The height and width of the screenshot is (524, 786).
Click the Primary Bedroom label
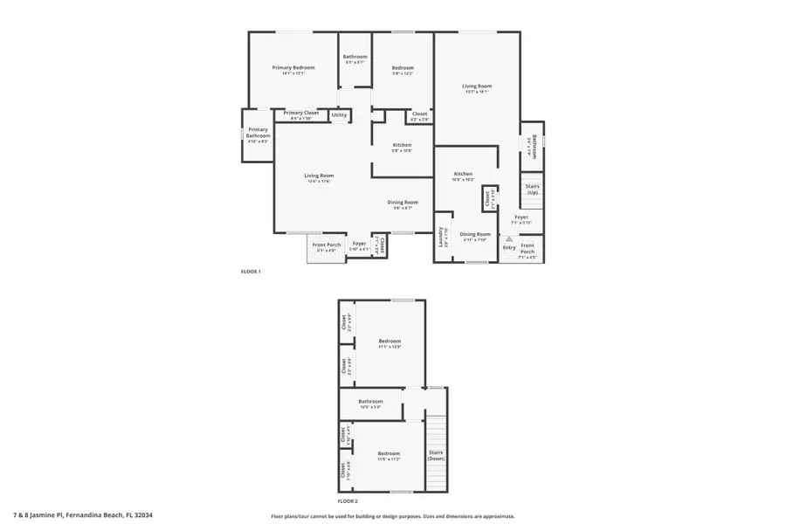click(x=293, y=67)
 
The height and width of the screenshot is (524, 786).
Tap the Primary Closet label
click(x=300, y=113)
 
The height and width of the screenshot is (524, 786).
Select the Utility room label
click(x=339, y=114)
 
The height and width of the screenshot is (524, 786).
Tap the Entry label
click(x=509, y=247)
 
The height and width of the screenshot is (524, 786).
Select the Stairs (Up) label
click(x=532, y=189)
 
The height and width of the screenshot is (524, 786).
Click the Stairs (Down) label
click(x=436, y=455)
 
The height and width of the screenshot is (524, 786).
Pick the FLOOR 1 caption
click(x=251, y=272)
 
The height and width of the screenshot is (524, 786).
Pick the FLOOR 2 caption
click(x=348, y=501)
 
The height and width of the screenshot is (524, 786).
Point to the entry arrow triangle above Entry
click(x=509, y=238)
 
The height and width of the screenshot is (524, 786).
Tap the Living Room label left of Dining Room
click(x=319, y=176)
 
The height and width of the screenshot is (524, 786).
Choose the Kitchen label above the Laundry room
click(x=463, y=174)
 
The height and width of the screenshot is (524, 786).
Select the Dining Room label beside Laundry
click(x=475, y=233)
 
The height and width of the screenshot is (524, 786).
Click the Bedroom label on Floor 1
click(x=402, y=67)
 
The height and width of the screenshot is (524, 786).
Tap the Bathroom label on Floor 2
click(x=370, y=402)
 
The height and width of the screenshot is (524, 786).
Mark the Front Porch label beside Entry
click(x=527, y=249)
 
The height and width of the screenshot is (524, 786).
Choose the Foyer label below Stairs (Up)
click(x=521, y=217)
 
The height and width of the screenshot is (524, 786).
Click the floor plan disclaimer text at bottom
click(x=392, y=516)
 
